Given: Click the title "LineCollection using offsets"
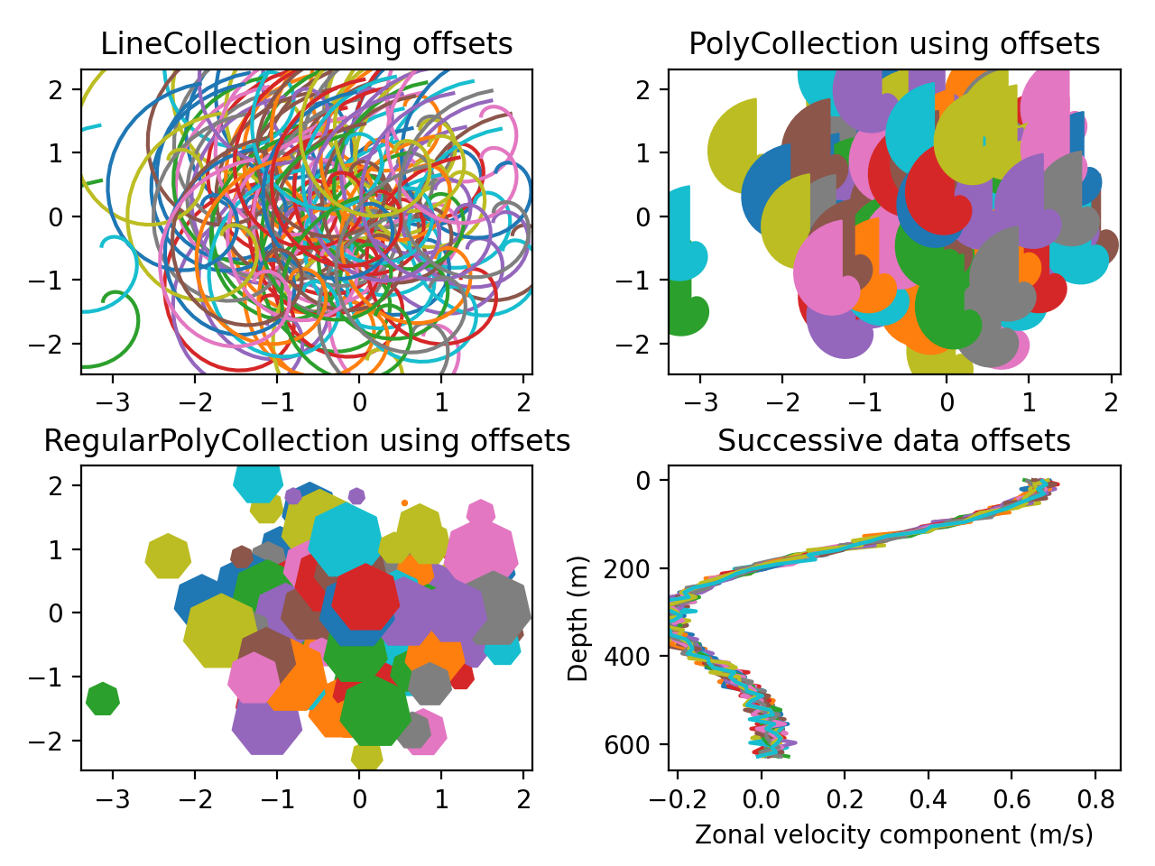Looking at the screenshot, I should point(306,44).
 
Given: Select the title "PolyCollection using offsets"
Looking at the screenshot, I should point(893,44).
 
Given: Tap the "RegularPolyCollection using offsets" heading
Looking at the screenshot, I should point(307,441).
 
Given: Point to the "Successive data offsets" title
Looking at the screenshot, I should point(893,441).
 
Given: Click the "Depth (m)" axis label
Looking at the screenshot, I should point(577,618).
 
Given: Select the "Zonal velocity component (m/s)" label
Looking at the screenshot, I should point(893,834).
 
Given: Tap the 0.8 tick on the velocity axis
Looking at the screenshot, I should point(1095,798).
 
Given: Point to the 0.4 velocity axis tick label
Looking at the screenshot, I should point(928,798).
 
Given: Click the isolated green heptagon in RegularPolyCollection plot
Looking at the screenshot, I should point(103,699).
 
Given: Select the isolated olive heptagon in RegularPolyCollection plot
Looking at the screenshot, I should point(168,556).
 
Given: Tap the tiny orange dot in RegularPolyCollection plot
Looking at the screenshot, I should point(404,503).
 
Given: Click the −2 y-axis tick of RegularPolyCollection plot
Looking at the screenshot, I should point(56,741).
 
